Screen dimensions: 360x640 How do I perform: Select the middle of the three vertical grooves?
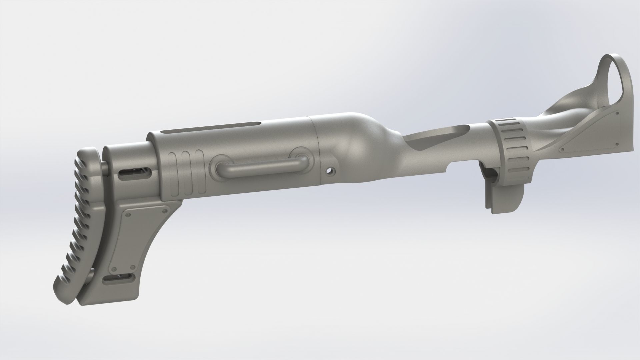pos(184,173)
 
